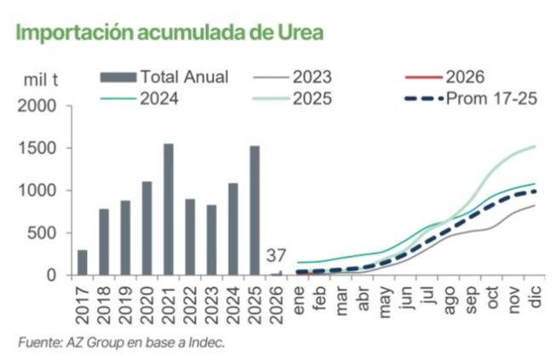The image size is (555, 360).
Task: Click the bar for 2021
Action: pyautogui.click(x=169, y=209)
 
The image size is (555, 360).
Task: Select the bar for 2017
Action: pyautogui.click(x=83, y=262)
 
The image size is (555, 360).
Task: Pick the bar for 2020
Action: pyautogui.click(x=147, y=228)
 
